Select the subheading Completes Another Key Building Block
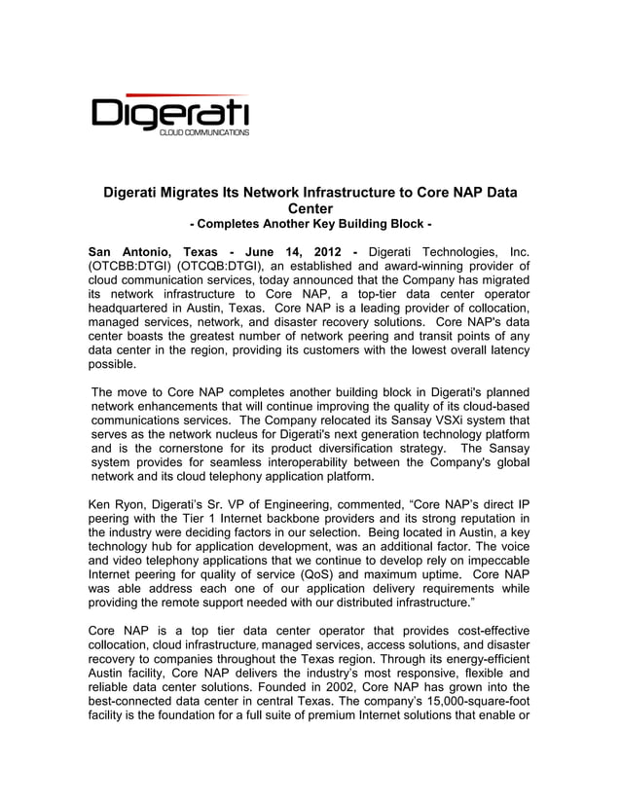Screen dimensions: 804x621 point(310,226)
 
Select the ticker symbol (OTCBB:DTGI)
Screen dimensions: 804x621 point(131,266)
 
